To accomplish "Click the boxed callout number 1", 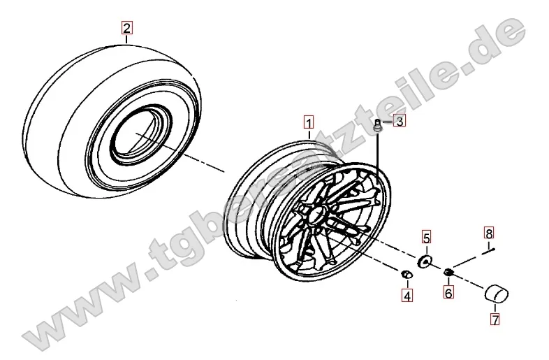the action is (x=309, y=123).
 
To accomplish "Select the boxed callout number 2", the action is (x=126, y=27).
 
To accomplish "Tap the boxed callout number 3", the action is (x=400, y=121).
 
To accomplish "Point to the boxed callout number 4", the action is (x=407, y=296).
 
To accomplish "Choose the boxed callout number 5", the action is (x=426, y=238).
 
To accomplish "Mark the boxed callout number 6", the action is (x=448, y=291).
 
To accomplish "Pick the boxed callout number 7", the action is (x=495, y=319).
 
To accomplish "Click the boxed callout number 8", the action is (x=489, y=233).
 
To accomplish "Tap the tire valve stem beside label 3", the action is (x=378, y=126).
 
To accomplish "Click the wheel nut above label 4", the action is (x=406, y=274).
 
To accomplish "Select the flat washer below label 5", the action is (x=425, y=261).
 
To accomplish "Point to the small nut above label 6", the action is (x=448, y=271).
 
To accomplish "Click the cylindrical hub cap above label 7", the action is (x=497, y=293).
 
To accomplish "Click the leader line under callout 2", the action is (x=126, y=38).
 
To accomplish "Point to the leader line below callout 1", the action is (x=309, y=135).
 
